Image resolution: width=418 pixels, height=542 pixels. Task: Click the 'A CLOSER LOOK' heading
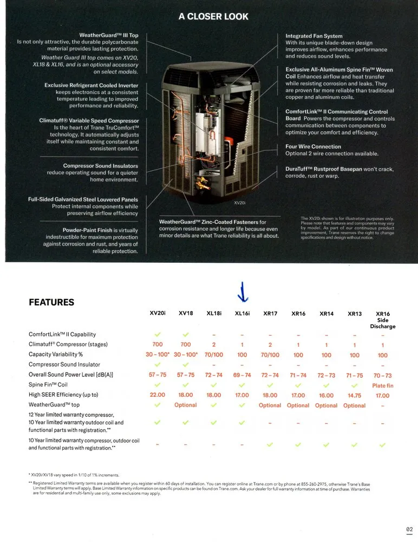pos(213,16)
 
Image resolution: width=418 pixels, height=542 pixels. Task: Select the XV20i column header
pos(158,313)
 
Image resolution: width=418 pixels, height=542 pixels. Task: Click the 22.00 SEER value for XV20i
pos(158,395)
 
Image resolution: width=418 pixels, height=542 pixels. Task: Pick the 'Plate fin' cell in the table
pos(383,385)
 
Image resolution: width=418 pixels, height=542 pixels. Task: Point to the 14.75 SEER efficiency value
pos(355,395)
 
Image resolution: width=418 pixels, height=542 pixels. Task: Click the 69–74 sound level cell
pos(242,375)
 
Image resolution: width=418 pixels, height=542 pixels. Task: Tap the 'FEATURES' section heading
pos(51,302)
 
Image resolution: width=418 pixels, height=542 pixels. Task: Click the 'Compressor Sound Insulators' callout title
pos(101,166)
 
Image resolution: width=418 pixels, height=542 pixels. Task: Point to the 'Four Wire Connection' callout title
pos(313,146)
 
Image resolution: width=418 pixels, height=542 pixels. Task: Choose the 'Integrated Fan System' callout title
pos(314,36)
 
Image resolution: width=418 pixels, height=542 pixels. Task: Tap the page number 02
pos(409,529)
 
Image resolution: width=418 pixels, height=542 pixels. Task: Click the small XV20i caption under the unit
pos(240,202)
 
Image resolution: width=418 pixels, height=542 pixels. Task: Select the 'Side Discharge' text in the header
pos(383,323)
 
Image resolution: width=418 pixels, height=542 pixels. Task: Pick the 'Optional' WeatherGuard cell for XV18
pos(186,405)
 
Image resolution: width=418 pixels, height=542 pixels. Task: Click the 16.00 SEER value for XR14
pos(326,395)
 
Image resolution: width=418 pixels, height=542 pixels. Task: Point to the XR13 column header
pos(355,313)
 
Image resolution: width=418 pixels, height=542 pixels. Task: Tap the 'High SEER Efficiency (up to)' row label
pos(63,395)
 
